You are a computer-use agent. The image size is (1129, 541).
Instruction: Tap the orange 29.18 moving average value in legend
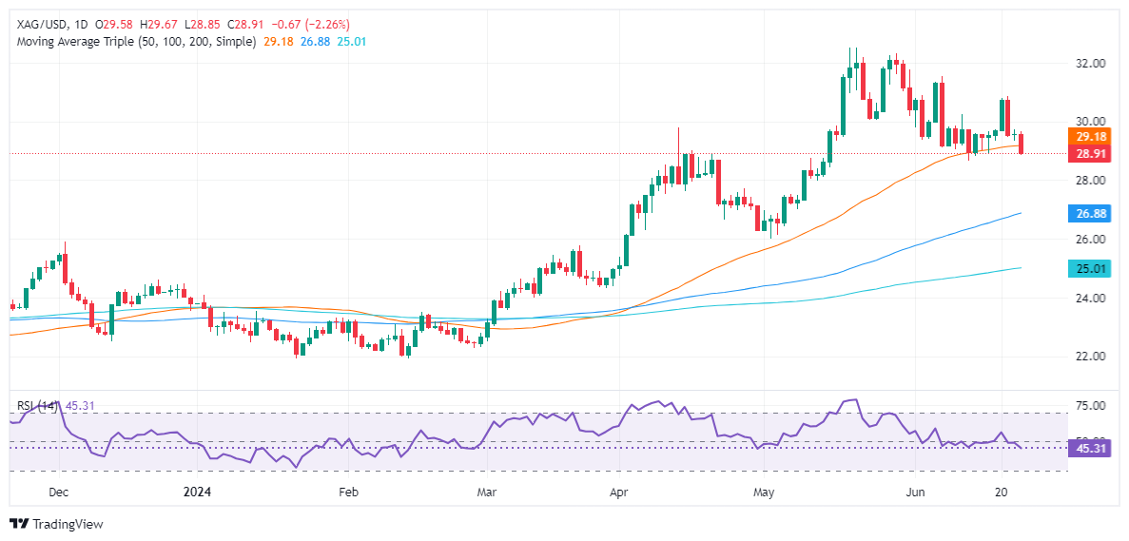tap(277, 42)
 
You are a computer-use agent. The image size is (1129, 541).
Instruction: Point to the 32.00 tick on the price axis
tap(1090, 64)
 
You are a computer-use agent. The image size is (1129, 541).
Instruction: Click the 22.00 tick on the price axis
tap(1090, 357)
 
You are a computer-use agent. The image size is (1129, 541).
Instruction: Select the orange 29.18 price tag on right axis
tap(1090, 137)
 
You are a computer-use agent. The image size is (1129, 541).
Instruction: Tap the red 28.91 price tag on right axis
tap(1090, 152)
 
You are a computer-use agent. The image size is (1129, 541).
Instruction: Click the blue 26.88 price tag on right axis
tap(1090, 213)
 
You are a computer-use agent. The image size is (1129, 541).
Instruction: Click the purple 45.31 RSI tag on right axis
tap(1090, 448)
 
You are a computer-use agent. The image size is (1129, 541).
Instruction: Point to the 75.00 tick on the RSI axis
tap(1090, 406)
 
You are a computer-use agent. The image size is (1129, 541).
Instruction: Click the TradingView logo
tap(57, 524)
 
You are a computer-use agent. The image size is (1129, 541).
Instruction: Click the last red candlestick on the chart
tap(1022, 144)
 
